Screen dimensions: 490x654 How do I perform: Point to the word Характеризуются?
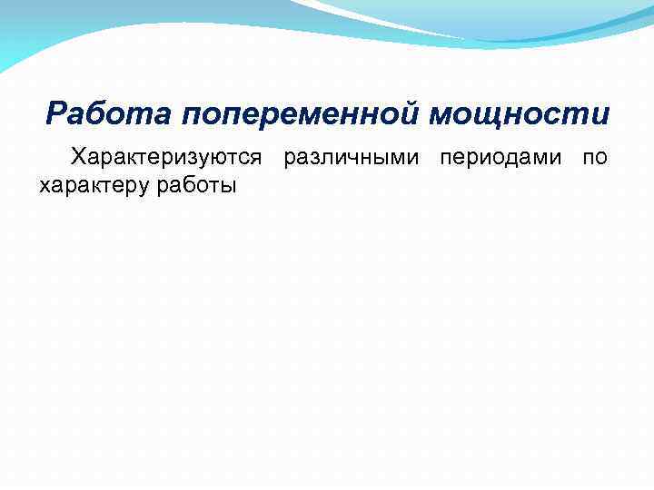click(167, 159)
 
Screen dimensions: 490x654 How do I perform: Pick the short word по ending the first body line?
click(595, 158)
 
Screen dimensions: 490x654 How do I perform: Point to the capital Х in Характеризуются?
click(79, 158)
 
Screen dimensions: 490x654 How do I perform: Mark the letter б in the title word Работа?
click(102, 115)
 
